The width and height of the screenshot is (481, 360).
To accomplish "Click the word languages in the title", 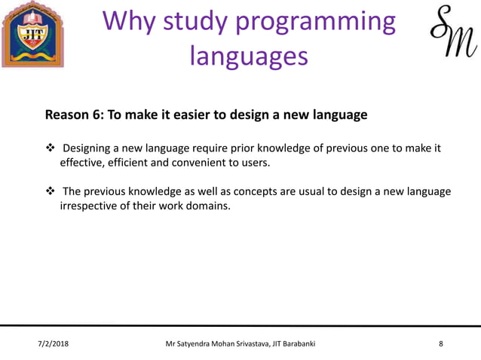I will pos(249,56).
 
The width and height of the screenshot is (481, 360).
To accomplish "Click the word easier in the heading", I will pos(189,115).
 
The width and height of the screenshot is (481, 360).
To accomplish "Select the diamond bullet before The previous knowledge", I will pos(49,192).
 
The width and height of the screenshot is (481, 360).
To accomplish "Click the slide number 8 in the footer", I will pos(441,344).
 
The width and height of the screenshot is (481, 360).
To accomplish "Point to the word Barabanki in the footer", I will pos(296,344).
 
